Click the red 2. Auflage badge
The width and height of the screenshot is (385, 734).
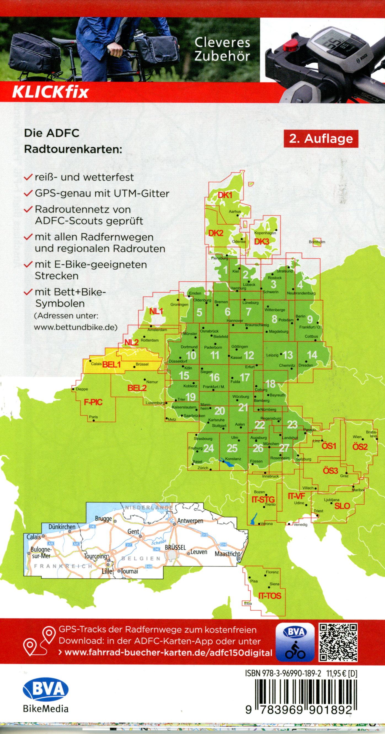pos(321,139)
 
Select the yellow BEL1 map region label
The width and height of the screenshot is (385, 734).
pos(111,365)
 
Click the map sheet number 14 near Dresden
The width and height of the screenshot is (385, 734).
pos(312,355)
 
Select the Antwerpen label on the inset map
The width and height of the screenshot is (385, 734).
pos(190,521)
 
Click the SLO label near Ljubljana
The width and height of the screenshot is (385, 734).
pos(342,506)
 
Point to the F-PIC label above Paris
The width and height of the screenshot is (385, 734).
pos(93,402)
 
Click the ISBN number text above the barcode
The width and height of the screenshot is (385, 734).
pos(283,671)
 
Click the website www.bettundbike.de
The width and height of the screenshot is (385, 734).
pos(76,327)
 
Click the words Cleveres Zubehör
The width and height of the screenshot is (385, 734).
pos(222,50)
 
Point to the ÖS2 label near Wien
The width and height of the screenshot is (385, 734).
pos(360,447)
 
